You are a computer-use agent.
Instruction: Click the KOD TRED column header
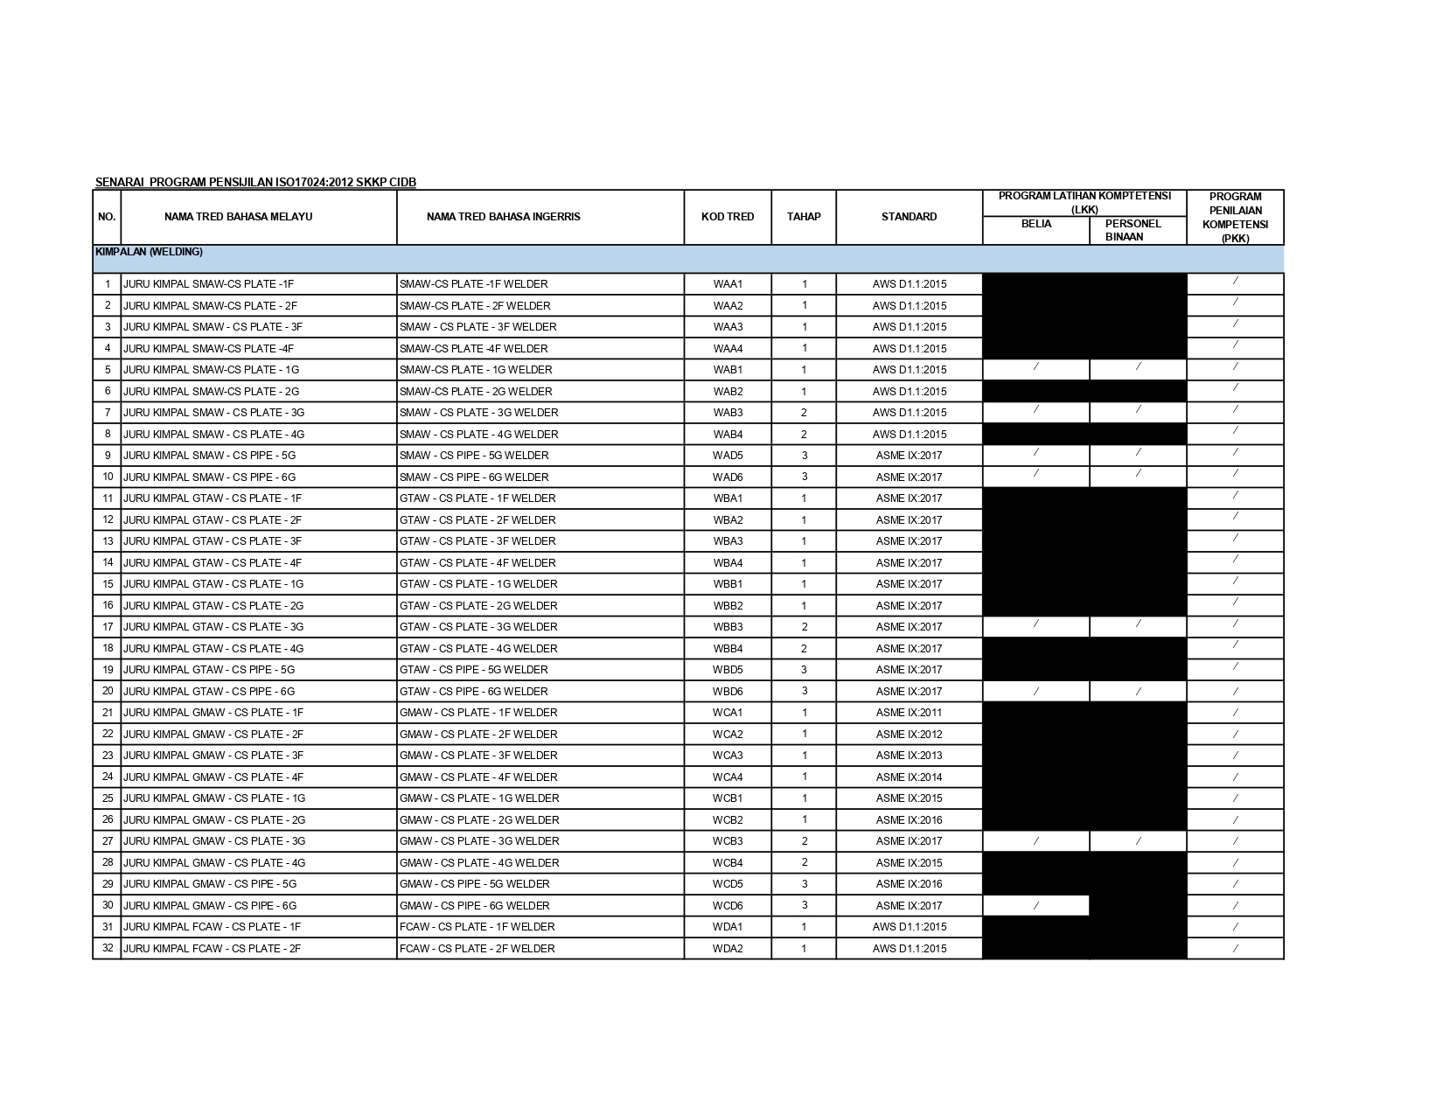pyautogui.click(x=727, y=217)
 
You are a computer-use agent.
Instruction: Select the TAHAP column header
pyautogui.click(x=803, y=217)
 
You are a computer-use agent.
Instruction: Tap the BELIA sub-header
pyautogui.click(x=1036, y=224)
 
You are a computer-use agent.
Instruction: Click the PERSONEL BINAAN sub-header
pyautogui.click(x=1133, y=230)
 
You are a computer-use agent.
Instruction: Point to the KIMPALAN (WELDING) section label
pyautogui.click(x=149, y=252)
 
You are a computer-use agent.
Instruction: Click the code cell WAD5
pyautogui.click(x=728, y=456)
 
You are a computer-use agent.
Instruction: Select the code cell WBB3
pyautogui.click(x=728, y=627)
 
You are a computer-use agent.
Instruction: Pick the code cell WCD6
pyautogui.click(x=728, y=906)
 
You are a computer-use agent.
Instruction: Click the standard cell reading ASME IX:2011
pyautogui.click(x=909, y=713)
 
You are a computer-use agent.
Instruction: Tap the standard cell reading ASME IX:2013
pyautogui.click(x=909, y=756)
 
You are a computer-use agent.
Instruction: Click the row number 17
pyautogui.click(x=108, y=627)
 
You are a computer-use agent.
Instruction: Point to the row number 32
pyautogui.click(x=108, y=948)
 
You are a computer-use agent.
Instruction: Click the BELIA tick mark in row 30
pyautogui.click(x=1036, y=906)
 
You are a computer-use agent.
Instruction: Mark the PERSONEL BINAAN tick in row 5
pyautogui.click(x=1138, y=367)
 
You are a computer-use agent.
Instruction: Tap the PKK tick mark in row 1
pyautogui.click(x=1235, y=282)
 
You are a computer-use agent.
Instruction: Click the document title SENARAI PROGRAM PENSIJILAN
pyautogui.click(x=255, y=182)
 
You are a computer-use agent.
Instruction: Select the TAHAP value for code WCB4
pyautogui.click(x=804, y=863)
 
